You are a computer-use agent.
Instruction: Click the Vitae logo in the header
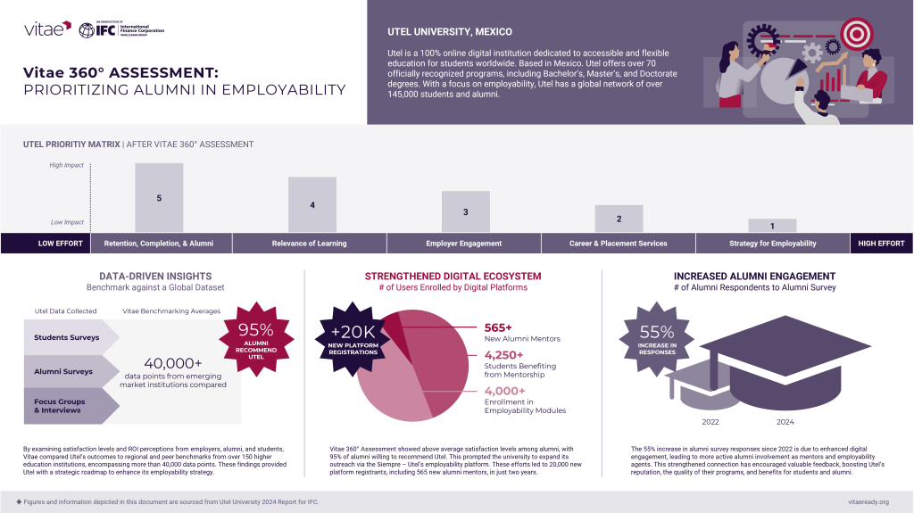47,29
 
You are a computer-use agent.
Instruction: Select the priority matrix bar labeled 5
159,198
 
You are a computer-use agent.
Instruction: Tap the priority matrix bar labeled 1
772,226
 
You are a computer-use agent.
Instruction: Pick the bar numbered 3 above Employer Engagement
466,212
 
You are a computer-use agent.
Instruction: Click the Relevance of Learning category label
310,244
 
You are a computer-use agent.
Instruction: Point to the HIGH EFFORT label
881,244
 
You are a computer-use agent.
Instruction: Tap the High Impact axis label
67,165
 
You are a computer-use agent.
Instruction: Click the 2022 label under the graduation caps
710,422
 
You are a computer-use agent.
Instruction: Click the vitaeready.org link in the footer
867,502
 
